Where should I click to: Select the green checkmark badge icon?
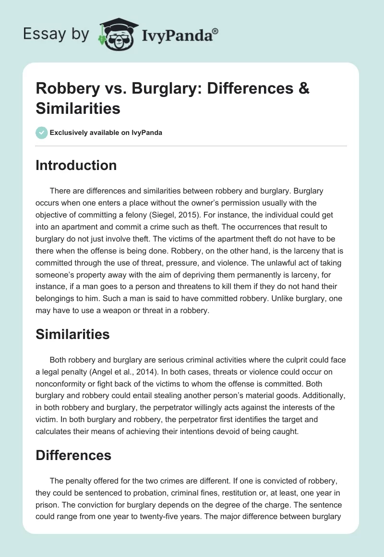pyautogui.click(x=42, y=133)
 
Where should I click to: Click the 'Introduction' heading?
pyautogui.click(x=76, y=165)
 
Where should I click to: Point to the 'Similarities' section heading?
pyautogui.click(x=72, y=334)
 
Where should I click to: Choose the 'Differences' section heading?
pyautogui.click(x=73, y=455)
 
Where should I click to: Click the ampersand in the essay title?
pyautogui.click(x=303, y=89)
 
